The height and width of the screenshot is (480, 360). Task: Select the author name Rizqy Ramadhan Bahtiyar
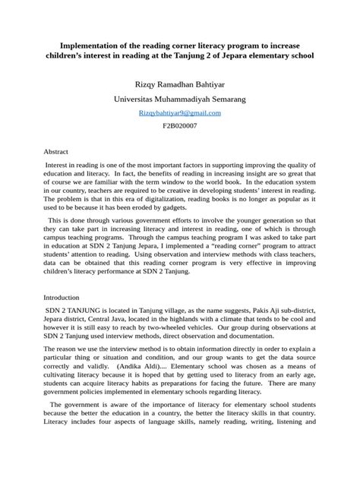point(179,84)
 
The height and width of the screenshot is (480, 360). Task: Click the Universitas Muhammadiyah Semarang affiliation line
point(179,99)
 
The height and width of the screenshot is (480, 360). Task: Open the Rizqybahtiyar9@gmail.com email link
point(179,112)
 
